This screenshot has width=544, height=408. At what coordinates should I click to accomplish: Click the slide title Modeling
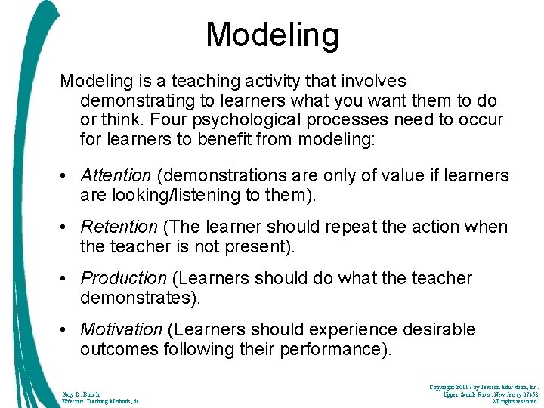pos(272,35)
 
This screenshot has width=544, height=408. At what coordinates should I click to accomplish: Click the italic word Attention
pos(116,175)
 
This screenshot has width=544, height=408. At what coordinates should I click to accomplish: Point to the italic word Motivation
pos(121,329)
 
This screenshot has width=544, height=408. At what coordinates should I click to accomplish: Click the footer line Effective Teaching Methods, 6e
pos(99,402)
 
